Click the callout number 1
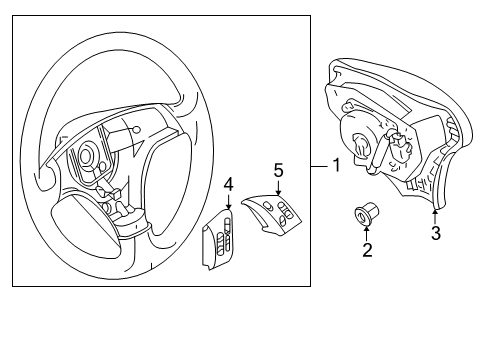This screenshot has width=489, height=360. click(x=337, y=165)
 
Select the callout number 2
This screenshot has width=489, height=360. click(x=367, y=250)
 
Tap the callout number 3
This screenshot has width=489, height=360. click(x=436, y=233)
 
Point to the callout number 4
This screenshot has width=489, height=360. click(x=228, y=184)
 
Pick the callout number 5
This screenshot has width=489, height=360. click(x=278, y=170)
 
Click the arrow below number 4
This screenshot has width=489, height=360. click(x=228, y=201)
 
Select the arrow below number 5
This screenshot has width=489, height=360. click(x=278, y=187)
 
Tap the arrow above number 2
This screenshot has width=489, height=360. click(x=367, y=233)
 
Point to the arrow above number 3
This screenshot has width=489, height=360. click(x=435, y=215)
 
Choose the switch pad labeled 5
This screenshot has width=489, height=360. click(x=272, y=213)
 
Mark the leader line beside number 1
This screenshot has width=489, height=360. click(x=320, y=166)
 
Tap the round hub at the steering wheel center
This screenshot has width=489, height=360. click(x=86, y=154)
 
